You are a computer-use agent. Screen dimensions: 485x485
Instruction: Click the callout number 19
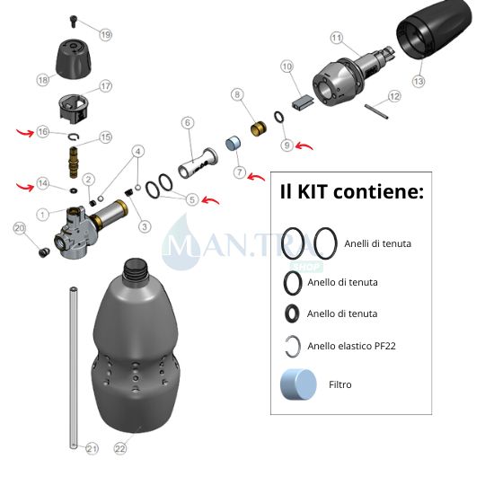(106, 34)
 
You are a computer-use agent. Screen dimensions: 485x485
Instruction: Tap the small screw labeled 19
(74, 21)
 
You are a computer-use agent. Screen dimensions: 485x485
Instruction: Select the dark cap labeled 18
(74, 58)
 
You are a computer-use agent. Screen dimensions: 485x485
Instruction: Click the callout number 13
(419, 81)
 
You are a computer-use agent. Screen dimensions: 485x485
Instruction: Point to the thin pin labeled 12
(376, 111)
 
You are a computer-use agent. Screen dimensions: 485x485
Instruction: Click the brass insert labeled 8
(259, 128)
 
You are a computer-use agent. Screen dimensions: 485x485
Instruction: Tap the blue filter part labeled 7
(233, 144)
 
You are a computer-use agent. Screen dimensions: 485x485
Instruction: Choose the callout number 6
(188, 123)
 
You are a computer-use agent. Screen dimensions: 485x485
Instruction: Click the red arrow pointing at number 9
(304, 145)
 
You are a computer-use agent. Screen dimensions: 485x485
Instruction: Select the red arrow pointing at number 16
(25, 133)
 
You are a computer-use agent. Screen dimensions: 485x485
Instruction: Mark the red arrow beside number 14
(25, 187)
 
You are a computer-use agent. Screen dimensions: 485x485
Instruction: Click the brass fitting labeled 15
(74, 163)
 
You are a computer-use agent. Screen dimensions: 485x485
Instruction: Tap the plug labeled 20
(44, 252)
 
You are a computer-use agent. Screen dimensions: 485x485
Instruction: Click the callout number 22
(120, 448)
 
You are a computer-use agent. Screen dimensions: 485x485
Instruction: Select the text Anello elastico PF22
(351, 346)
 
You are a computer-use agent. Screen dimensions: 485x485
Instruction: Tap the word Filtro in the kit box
(339, 384)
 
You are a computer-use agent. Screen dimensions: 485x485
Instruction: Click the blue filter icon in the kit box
(298, 384)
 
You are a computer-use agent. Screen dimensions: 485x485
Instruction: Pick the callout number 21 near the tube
(92, 448)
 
